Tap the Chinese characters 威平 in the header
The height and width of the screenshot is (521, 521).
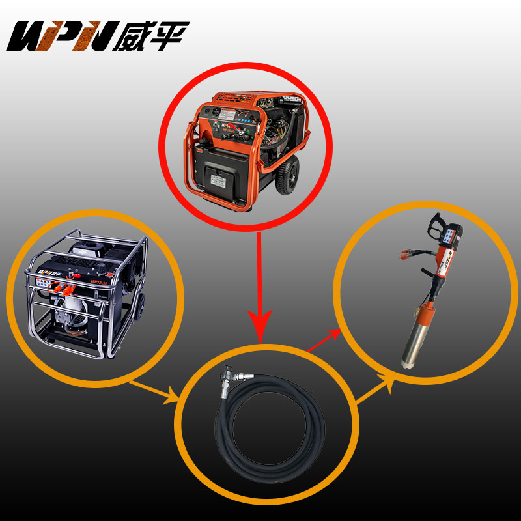click(154, 36)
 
